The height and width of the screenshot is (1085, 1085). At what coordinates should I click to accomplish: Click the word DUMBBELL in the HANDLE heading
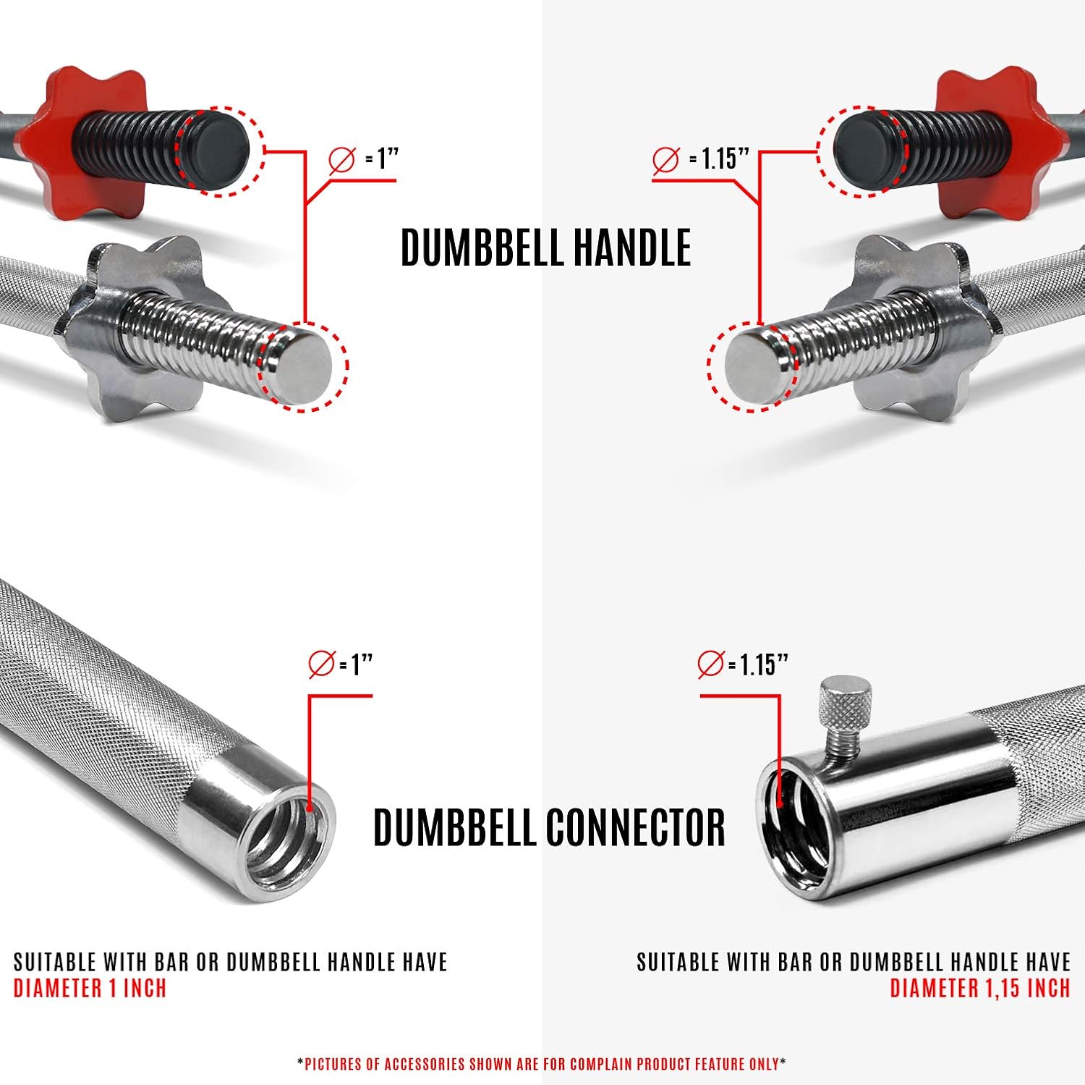click(x=482, y=248)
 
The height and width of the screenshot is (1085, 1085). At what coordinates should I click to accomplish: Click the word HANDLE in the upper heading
click(x=631, y=248)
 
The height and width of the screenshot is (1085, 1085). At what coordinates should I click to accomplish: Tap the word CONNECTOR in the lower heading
click(x=634, y=827)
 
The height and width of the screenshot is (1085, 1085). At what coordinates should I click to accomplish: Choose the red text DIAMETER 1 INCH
click(x=90, y=988)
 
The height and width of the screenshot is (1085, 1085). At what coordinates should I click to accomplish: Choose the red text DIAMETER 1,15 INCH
click(x=980, y=988)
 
